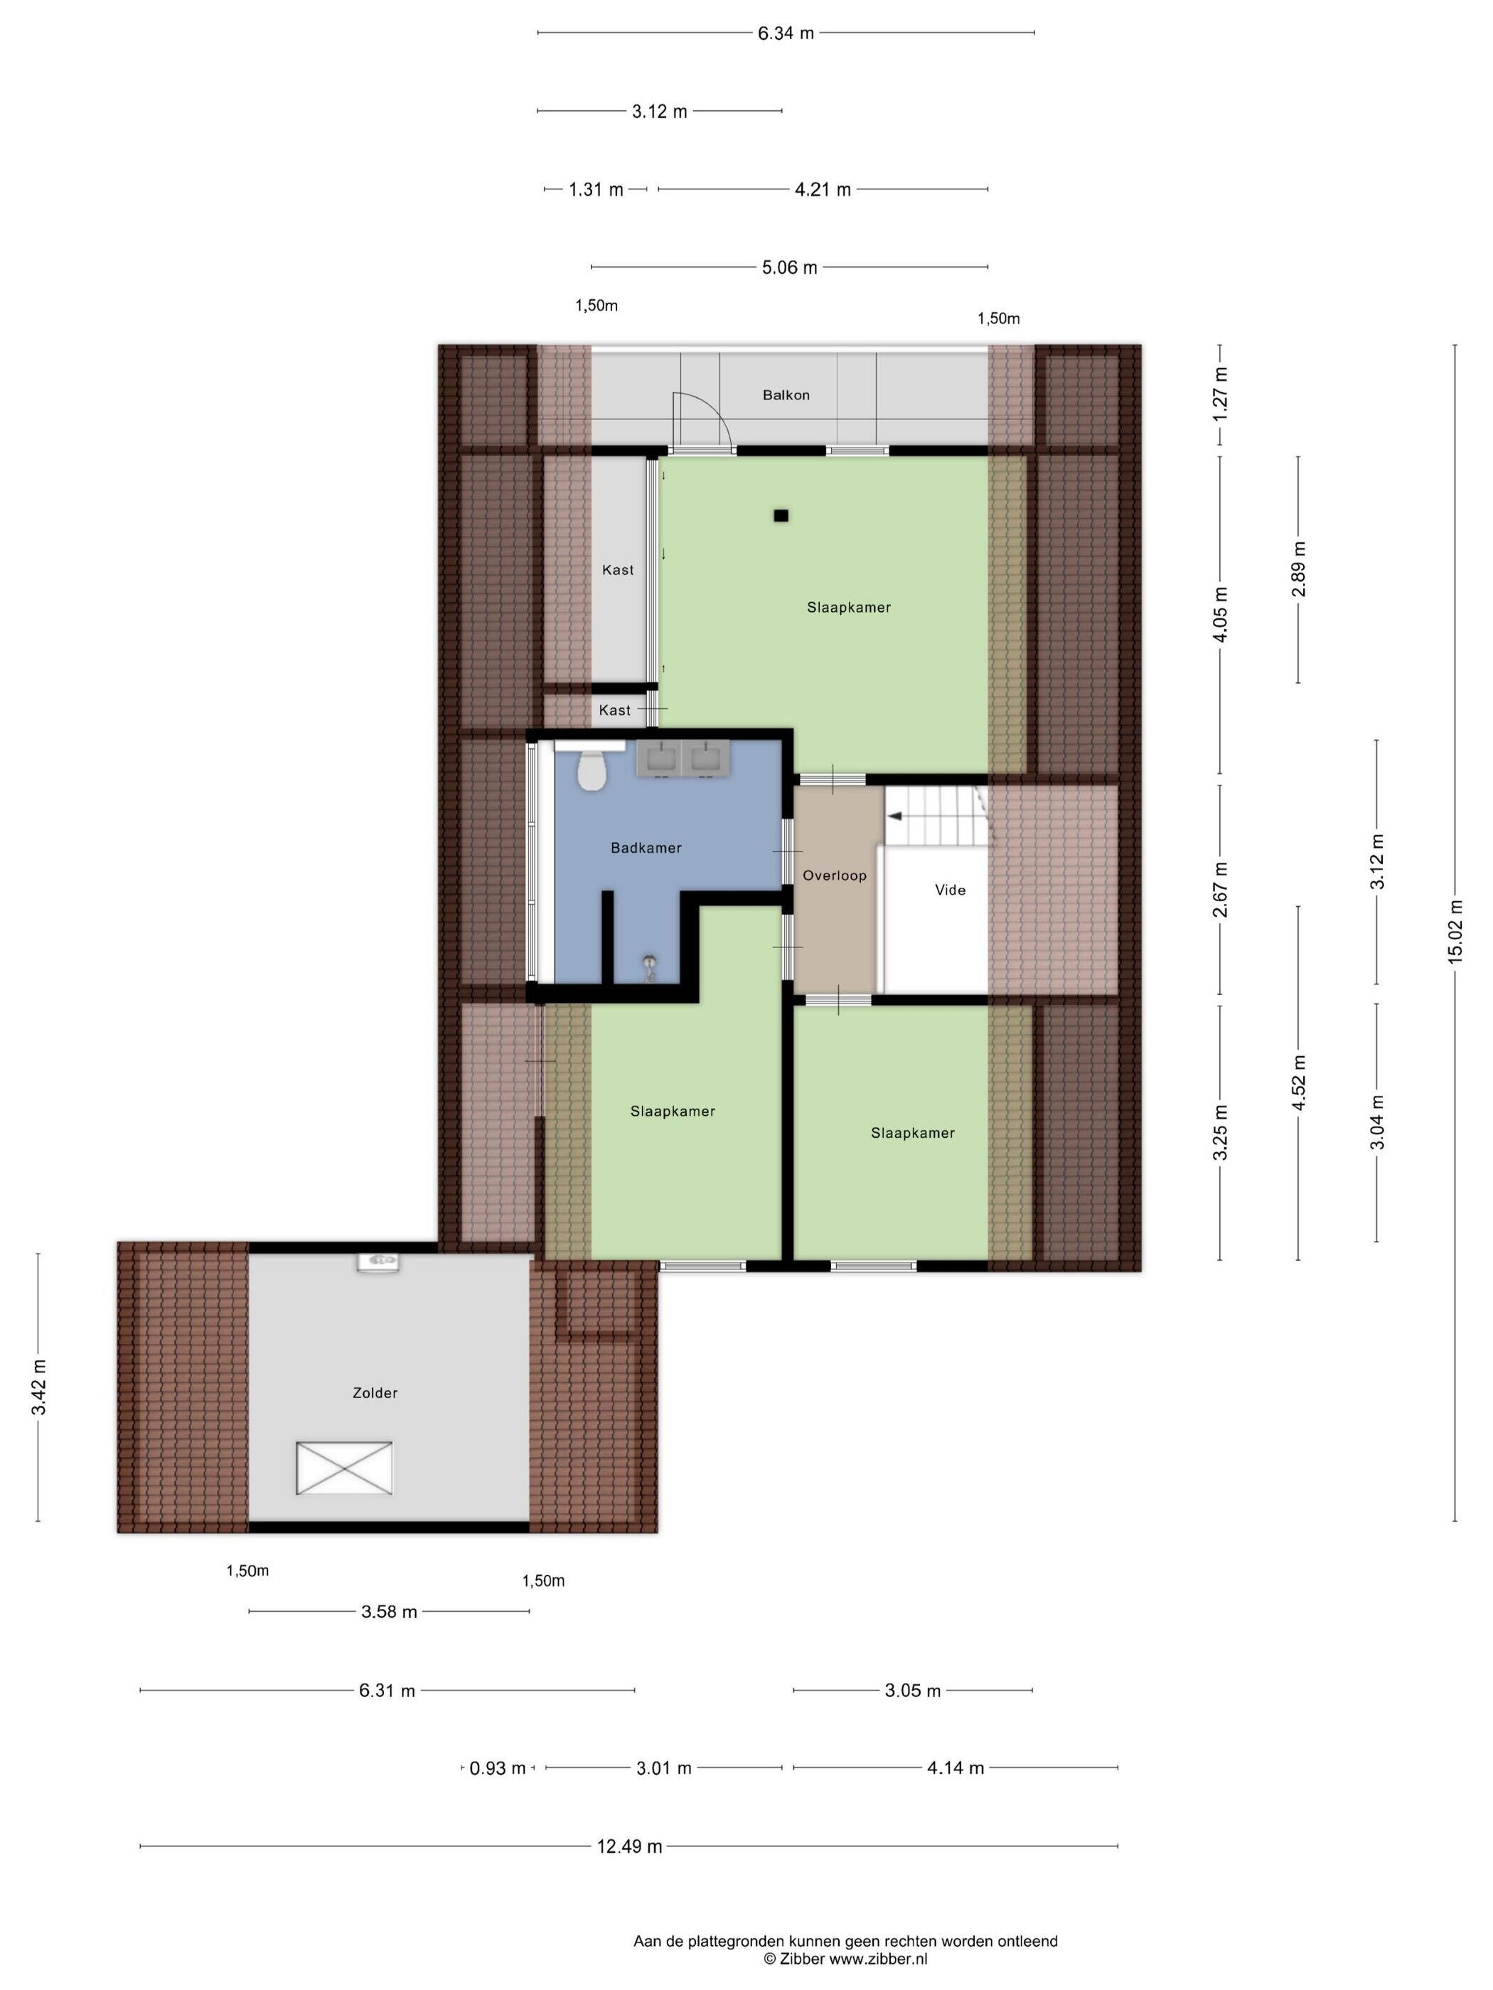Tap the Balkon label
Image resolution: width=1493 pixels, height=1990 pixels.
coord(786,395)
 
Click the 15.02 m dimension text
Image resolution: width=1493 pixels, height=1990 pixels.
coord(1455,931)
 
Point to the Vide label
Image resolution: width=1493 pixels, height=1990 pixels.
coord(951,890)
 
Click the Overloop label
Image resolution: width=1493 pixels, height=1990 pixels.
coord(834,876)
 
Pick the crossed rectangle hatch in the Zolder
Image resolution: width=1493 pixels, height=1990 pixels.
coord(345,1468)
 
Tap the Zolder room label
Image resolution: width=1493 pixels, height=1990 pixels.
coord(375,1392)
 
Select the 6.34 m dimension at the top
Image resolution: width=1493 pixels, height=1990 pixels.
coord(786,33)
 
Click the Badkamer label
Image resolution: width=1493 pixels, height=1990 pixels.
coord(646,847)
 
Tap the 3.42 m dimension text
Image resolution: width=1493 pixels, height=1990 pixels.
coord(38,1387)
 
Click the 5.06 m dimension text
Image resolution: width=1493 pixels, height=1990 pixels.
coord(789,267)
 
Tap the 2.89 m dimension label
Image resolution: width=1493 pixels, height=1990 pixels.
coord(1297,569)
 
